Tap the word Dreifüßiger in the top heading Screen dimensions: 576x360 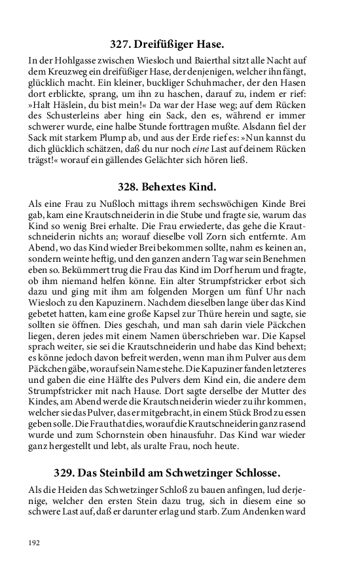[x=168, y=45]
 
